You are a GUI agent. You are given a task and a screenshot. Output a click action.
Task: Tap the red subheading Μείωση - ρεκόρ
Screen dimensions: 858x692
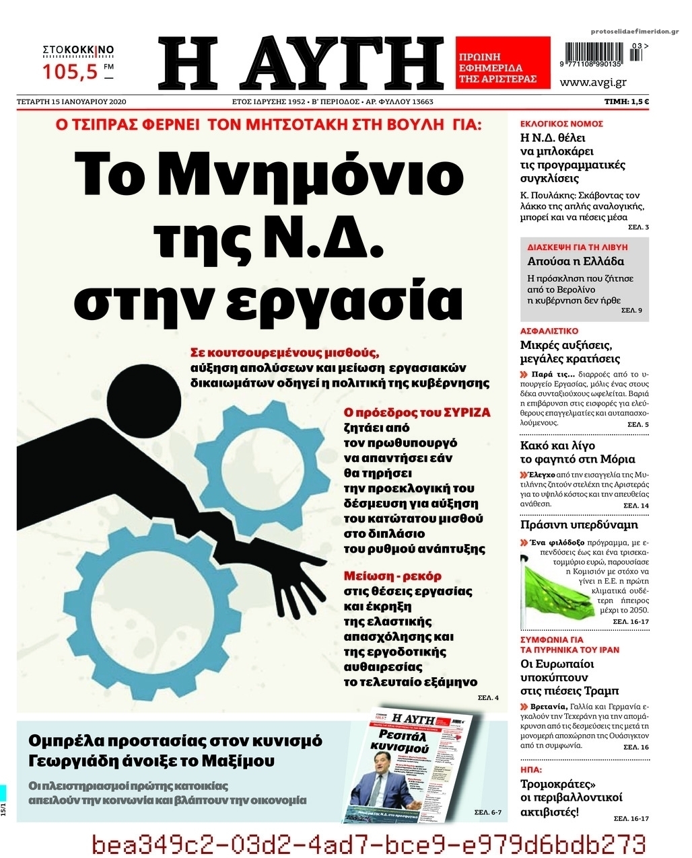pyautogui.click(x=392, y=576)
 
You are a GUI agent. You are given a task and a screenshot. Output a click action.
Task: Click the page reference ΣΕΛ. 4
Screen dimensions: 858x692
pyautogui.click(x=487, y=697)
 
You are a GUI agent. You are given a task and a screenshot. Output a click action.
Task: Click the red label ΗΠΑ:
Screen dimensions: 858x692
pyautogui.click(x=531, y=769)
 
